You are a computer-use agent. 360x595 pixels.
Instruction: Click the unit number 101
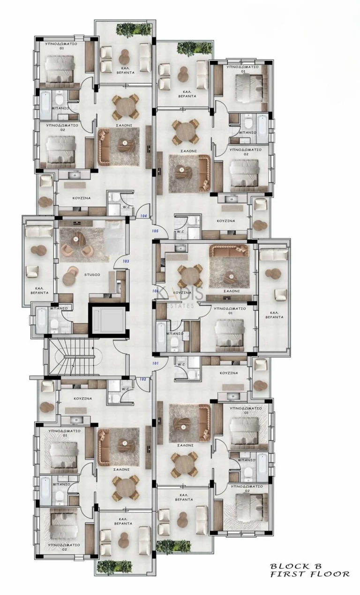pos(156,363)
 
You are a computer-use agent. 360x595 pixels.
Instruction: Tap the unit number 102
pos(143,379)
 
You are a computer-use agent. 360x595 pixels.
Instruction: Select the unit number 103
pos(126,261)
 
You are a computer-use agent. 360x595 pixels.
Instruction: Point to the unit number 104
pos(144,216)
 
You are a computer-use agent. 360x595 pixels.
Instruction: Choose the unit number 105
pos(156,231)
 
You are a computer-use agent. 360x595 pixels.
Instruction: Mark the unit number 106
pos(156,291)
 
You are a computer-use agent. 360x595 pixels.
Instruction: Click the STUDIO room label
pos(92,275)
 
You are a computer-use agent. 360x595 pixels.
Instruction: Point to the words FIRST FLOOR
pos(309,574)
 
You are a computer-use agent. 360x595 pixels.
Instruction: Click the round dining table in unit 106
pos(190,276)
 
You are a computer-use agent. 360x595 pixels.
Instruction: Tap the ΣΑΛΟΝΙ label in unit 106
pos(232,291)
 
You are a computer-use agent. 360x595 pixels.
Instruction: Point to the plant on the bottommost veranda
pos(113,566)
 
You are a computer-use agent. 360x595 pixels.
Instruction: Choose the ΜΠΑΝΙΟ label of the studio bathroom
pos(60,309)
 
